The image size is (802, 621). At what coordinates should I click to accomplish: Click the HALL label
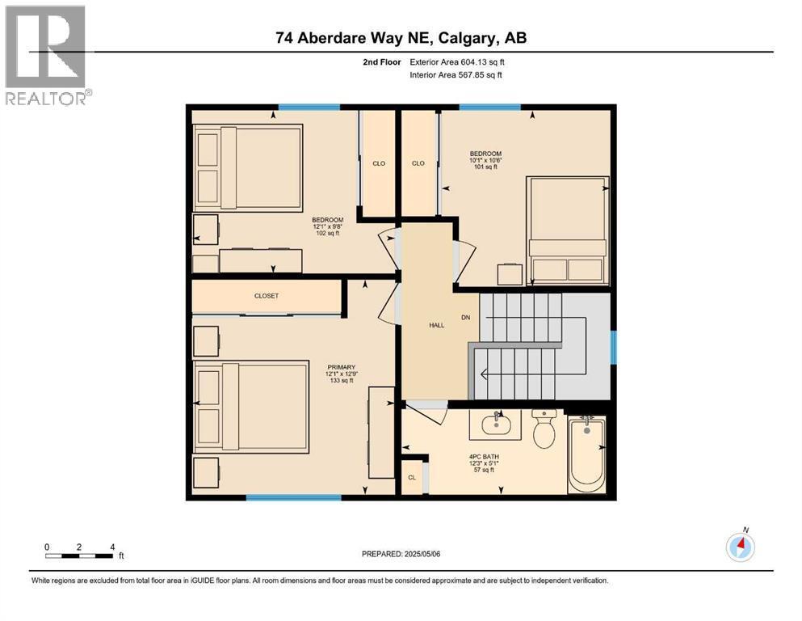tap(437, 325)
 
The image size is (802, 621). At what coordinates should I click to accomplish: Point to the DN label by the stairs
tap(466, 317)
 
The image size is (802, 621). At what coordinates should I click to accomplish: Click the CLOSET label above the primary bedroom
tap(266, 296)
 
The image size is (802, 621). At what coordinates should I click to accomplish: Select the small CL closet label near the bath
tap(412, 478)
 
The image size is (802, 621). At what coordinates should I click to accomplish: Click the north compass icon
tap(740, 547)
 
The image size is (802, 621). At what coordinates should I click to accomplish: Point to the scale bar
tap(79, 556)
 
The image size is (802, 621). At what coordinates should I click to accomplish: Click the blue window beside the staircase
tap(613, 347)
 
